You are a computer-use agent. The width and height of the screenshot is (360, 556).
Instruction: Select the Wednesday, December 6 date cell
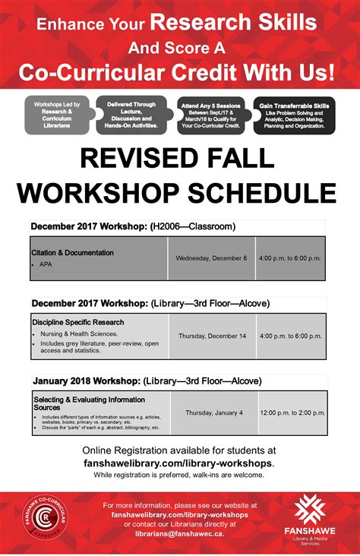(x=211, y=258)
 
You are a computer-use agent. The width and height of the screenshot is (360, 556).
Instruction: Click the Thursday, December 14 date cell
(x=213, y=336)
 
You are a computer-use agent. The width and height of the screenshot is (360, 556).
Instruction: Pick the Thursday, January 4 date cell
(x=214, y=412)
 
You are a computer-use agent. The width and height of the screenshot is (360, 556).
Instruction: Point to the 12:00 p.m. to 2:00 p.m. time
(x=292, y=412)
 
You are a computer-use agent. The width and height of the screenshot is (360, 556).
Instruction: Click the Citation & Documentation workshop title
(x=72, y=252)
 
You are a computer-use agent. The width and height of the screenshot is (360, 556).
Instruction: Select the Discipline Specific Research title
(x=78, y=322)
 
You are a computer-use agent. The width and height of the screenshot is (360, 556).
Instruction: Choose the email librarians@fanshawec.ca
(x=179, y=534)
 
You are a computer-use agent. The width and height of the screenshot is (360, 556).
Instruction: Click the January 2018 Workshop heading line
(x=147, y=381)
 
